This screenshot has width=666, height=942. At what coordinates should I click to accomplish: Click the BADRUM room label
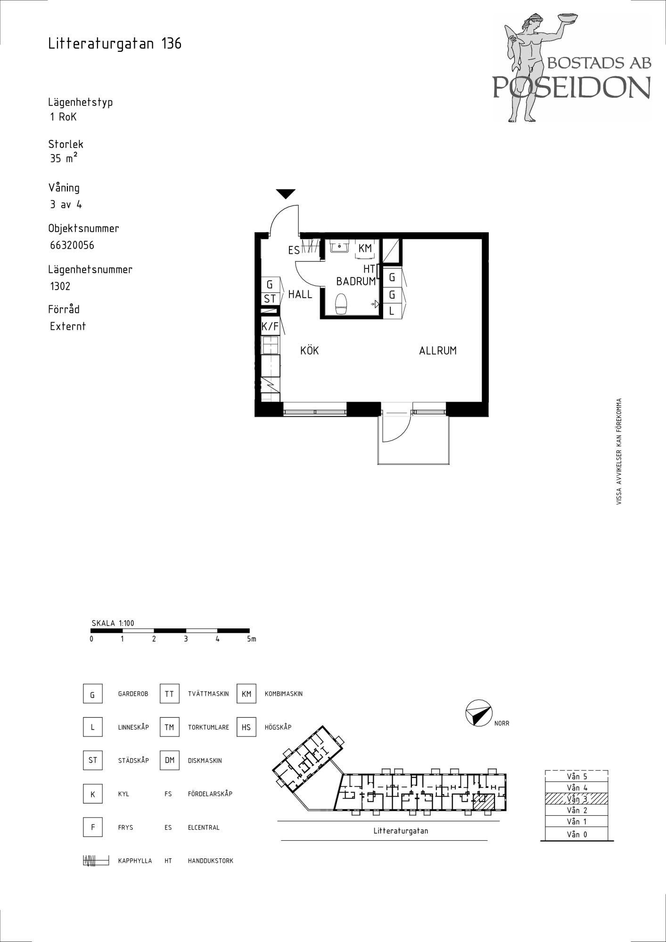356,281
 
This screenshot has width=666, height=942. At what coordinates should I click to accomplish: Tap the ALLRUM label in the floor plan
438,350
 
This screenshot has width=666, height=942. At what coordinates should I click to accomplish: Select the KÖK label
310,350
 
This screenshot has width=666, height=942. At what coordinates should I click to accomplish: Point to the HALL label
300,294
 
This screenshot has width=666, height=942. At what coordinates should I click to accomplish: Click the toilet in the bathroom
341,303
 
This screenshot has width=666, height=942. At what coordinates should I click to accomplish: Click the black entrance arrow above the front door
286,194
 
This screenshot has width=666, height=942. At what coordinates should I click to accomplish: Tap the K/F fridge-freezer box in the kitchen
270,326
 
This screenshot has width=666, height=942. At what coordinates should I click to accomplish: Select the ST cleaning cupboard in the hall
270,299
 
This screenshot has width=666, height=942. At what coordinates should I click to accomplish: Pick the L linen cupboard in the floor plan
392,311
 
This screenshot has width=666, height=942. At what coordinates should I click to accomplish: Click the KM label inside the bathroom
365,248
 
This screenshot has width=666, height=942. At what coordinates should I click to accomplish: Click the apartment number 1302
60,286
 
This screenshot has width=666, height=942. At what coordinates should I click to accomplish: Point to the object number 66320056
72,245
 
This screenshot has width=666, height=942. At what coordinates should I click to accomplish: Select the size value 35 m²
64,158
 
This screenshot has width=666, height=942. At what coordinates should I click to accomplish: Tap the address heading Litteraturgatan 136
115,44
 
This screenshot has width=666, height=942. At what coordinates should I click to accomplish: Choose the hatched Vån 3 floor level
576,799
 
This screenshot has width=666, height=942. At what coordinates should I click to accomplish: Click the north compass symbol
478,713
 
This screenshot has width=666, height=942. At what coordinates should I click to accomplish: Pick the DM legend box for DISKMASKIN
170,760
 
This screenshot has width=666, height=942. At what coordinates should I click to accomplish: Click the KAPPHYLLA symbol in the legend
96,861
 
